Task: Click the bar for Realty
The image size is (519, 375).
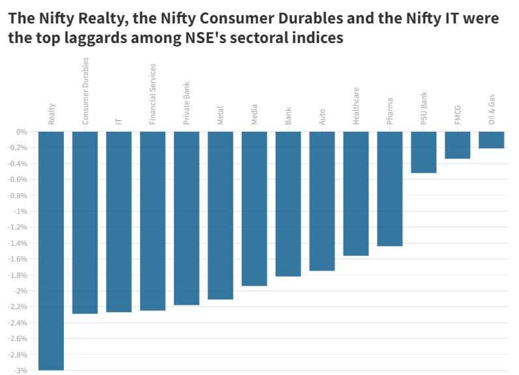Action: (51, 250)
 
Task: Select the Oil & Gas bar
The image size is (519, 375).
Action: (491, 140)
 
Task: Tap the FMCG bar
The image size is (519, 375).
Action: (457, 145)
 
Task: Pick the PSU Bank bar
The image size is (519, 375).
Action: (423, 153)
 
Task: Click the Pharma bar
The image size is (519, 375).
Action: (389, 189)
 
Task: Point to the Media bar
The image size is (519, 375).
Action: (254, 209)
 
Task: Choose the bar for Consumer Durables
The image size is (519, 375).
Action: (85, 222)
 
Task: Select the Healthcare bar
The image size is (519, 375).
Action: (355, 194)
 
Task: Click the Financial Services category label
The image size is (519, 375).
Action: (153, 94)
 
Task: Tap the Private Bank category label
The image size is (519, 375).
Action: (186, 102)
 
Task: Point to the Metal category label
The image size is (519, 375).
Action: (220, 113)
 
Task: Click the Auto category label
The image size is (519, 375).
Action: (322, 116)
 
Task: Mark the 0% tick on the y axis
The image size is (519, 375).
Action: (22, 132)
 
